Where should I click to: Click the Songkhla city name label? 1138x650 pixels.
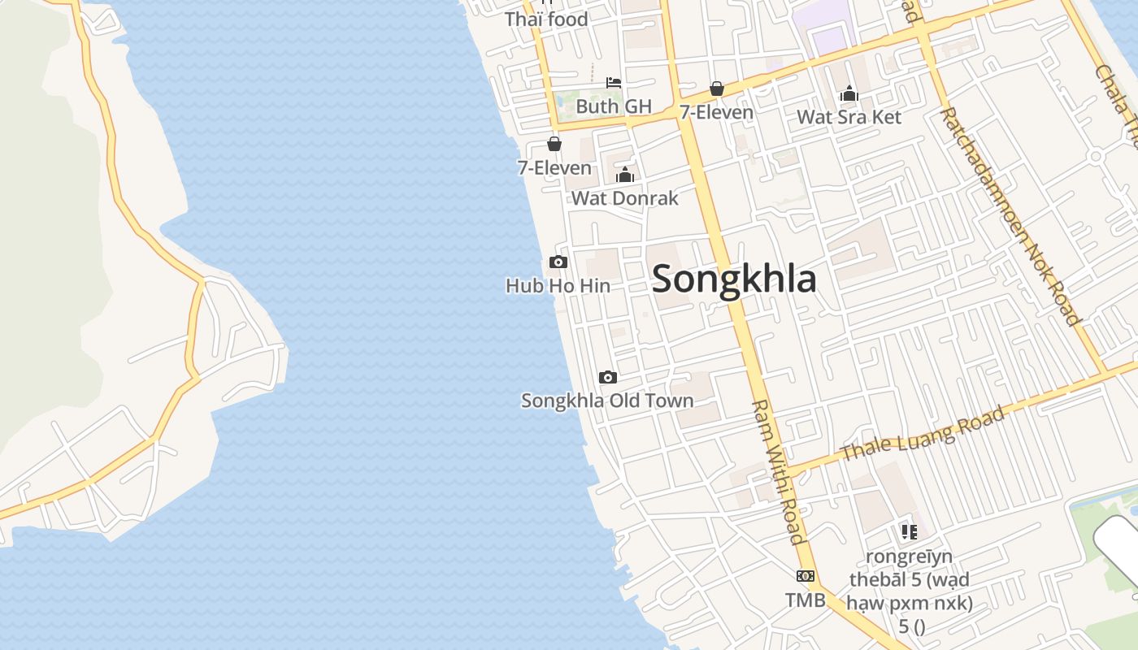734,279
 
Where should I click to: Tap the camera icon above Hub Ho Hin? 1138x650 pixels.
558,262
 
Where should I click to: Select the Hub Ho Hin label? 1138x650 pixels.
558,286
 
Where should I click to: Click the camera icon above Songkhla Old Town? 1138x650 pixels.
607,377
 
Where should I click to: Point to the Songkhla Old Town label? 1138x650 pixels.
607,401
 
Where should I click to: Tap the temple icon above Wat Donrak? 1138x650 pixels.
624,175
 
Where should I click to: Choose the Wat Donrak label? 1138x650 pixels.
624,198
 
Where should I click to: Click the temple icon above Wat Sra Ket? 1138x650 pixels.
849,93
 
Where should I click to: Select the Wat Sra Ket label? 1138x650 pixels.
849,117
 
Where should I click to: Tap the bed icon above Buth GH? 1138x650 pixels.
614,82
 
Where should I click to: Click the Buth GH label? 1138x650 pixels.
614,106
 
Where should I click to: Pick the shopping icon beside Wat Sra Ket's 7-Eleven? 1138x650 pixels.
716,89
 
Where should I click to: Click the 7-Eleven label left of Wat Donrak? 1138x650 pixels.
554,168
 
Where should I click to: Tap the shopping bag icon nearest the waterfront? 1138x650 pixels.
554,144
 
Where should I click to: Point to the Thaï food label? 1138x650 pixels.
546,19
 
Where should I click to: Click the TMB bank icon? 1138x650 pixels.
806,576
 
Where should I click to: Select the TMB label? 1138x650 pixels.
806,600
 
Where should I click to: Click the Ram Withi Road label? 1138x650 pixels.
778,471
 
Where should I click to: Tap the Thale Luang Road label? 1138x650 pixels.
923,435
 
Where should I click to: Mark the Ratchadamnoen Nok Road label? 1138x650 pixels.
1010,215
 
